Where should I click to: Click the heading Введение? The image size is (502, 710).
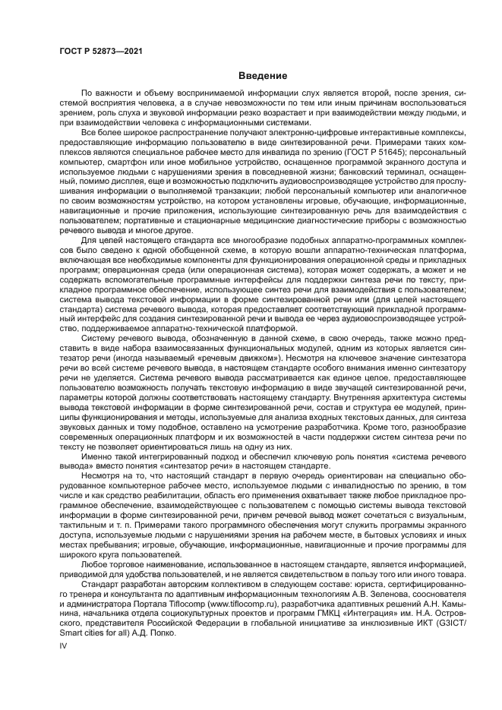(263, 76)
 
